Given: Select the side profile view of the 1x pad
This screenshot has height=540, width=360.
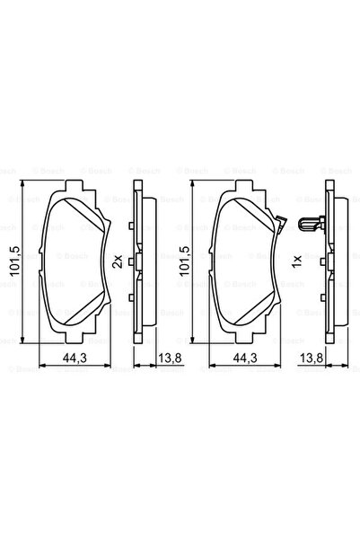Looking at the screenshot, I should [329, 261].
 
